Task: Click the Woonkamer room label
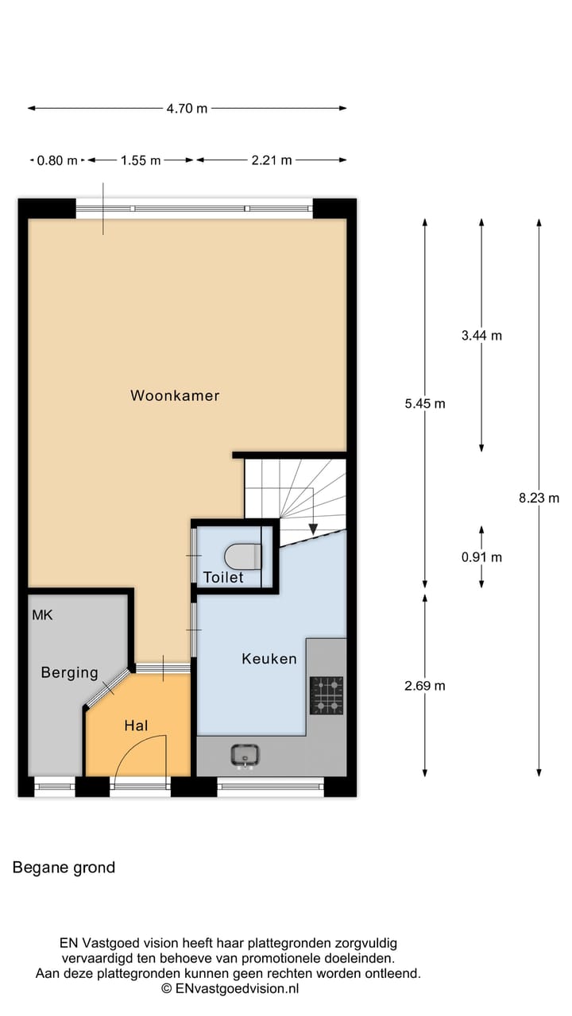pos(175,395)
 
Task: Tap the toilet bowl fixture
pos(244,556)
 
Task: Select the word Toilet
pos(223,578)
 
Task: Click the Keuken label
pos(269,659)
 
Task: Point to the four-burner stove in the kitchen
pos(327,695)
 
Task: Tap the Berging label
pos(70,673)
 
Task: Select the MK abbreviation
pos(42,615)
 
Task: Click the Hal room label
pos(136,725)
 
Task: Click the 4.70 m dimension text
pos(187,109)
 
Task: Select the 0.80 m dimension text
pos(57,160)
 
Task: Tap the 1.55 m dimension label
pos(141,160)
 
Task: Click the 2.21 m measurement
pos(271,160)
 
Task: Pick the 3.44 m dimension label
pos(481,336)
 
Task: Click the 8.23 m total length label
pos(539,498)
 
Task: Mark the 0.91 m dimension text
pos(481,557)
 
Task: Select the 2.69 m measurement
pos(424,686)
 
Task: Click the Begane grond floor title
pos(64,868)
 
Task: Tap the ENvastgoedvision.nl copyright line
pos(230,989)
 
